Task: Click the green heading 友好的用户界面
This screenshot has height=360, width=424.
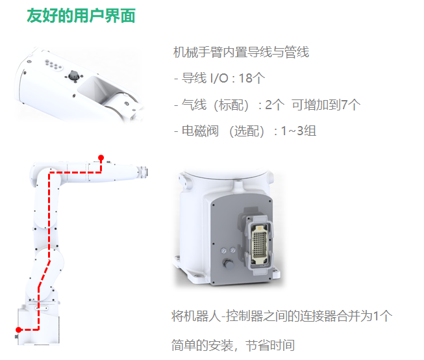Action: [x=81, y=16]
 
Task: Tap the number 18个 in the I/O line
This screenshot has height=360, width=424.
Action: [x=252, y=78]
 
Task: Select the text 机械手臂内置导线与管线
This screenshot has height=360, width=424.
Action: [x=241, y=52]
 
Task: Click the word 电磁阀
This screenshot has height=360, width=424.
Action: [x=200, y=131]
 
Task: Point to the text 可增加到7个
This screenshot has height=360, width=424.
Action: [x=326, y=105]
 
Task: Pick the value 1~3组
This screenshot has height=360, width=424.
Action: [x=299, y=131]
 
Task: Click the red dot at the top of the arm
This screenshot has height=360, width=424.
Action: [x=101, y=157]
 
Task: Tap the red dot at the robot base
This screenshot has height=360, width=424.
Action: [x=19, y=329]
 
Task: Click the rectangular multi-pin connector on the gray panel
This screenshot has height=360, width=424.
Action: [x=259, y=242]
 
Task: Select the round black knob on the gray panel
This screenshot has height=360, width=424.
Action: [x=229, y=263]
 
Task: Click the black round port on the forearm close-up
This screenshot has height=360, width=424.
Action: [x=73, y=75]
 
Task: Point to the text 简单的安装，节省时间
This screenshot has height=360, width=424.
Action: [x=233, y=346]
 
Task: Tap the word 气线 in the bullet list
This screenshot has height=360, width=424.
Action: [x=194, y=105]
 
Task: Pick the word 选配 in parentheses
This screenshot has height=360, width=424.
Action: [x=247, y=131]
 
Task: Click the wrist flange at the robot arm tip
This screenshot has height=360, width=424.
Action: [x=144, y=172]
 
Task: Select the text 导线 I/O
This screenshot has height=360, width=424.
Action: [x=205, y=78]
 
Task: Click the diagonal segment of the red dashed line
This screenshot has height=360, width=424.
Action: [x=44, y=274]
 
